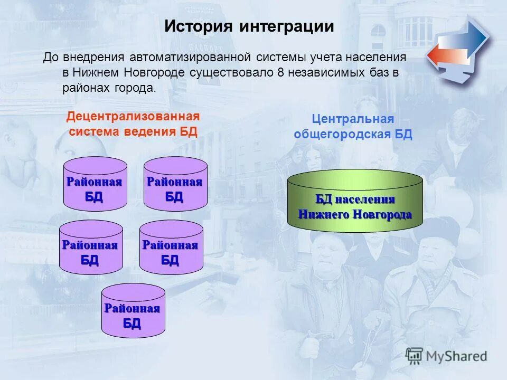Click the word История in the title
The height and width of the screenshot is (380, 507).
click(x=199, y=26)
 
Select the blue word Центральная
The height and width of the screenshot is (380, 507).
click(x=353, y=119)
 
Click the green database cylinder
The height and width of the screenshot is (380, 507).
click(x=355, y=201)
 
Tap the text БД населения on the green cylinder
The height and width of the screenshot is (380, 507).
click(x=355, y=199)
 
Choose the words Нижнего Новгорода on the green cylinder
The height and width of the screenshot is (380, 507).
click(x=355, y=214)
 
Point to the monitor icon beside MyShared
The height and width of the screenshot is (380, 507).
click(x=415, y=356)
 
